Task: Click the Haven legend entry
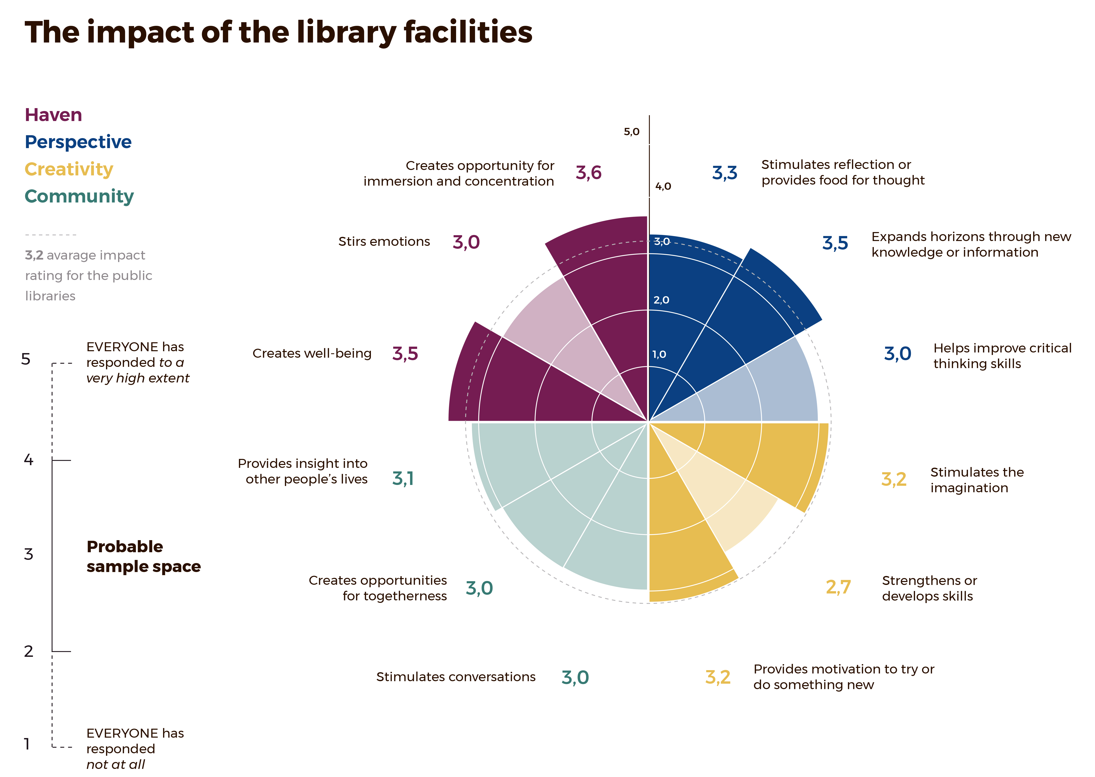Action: (53, 115)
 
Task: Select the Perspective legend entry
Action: (78, 142)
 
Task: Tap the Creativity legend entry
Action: (69, 169)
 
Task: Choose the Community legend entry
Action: (79, 196)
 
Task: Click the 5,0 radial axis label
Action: (631, 132)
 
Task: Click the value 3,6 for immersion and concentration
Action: (588, 173)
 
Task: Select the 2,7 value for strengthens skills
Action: (838, 587)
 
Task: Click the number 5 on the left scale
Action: (26, 359)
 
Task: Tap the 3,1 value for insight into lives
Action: (403, 478)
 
